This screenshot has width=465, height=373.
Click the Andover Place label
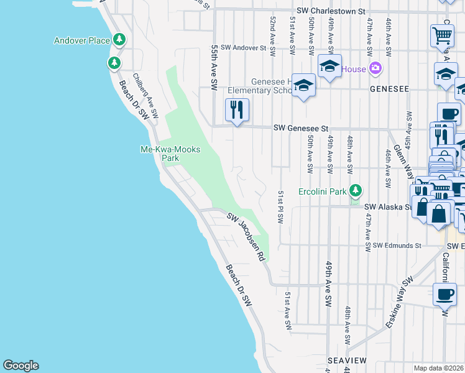(x=81, y=40)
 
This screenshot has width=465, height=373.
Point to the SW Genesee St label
(x=301, y=128)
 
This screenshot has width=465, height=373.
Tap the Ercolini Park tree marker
(x=355, y=190)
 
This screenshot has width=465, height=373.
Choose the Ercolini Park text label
(x=322, y=191)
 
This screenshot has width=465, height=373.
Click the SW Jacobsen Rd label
(x=246, y=237)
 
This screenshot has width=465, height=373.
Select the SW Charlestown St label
(x=330, y=11)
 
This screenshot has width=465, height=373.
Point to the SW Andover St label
(x=243, y=47)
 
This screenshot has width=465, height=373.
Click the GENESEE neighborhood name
(x=389, y=89)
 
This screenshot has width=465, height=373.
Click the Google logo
(x=21, y=366)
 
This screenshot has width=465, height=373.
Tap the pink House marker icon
(x=375, y=68)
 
